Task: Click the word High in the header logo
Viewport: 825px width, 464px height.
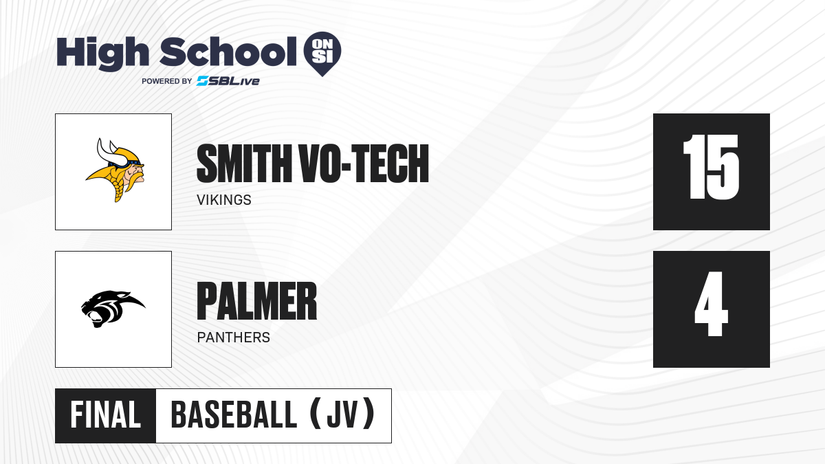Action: tap(102, 53)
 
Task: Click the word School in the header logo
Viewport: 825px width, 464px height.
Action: tap(228, 52)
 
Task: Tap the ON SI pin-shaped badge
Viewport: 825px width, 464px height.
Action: tap(322, 54)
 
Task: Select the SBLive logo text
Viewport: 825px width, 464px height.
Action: tap(228, 81)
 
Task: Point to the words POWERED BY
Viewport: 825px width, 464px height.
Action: tap(167, 81)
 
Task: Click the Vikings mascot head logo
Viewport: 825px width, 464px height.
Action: tap(115, 170)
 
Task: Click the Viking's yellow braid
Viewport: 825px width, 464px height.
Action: tap(118, 186)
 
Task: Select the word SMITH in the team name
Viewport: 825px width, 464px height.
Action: tap(244, 163)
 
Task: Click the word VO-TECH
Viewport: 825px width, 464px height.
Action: tap(364, 163)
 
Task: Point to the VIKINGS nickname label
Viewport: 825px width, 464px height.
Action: tap(224, 200)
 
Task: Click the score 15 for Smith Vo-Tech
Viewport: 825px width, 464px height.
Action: tap(711, 167)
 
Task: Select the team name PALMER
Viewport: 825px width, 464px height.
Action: tap(256, 301)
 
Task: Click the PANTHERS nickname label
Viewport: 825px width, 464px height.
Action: tap(234, 338)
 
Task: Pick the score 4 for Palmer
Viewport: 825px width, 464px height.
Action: tap(711, 304)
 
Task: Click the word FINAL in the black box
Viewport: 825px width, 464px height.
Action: tap(106, 415)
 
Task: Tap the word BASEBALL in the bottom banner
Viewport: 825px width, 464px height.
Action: tap(234, 415)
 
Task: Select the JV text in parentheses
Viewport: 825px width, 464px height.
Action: tap(342, 415)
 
